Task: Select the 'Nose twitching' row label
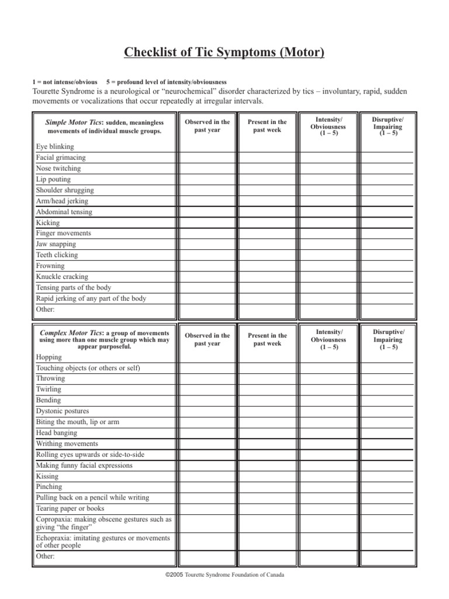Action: click(x=58, y=168)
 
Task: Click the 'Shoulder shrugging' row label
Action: click(x=64, y=190)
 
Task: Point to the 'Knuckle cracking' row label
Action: click(x=62, y=277)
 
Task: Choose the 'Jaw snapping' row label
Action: click(x=56, y=244)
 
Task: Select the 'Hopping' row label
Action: click(x=48, y=357)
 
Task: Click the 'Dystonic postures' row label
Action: click(x=63, y=411)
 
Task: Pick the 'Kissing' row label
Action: click(x=47, y=476)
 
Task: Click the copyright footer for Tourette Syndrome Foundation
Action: click(x=225, y=575)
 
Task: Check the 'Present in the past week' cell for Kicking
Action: click(x=267, y=222)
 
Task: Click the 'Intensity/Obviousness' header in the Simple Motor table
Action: click(x=328, y=126)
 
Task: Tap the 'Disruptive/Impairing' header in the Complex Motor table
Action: click(x=388, y=339)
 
